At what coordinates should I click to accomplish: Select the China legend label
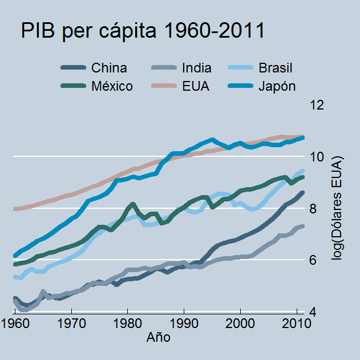pos(109,68)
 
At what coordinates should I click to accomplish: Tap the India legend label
pos(196,68)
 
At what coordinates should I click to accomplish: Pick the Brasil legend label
pos(276,68)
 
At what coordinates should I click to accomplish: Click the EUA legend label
pos(195,87)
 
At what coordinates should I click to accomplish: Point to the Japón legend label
pos(277,87)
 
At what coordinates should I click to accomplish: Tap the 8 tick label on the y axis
pos(314,209)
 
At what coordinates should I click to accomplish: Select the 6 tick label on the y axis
pos(314,261)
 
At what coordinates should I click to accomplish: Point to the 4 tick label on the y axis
pos(314,313)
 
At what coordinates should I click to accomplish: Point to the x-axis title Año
pos(158,338)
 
